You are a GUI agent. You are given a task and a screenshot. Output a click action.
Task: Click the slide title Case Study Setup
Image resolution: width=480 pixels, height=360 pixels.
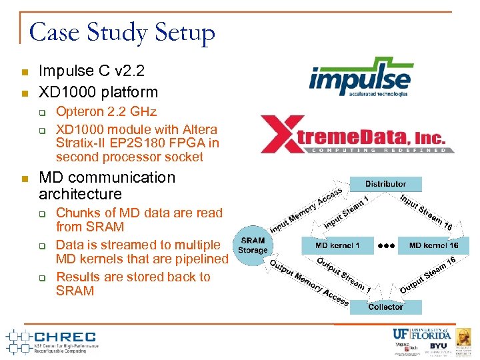(x=122, y=32)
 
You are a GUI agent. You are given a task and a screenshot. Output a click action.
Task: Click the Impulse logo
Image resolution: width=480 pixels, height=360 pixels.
(x=361, y=77)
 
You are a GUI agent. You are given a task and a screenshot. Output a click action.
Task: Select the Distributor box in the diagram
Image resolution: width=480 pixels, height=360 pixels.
(x=385, y=183)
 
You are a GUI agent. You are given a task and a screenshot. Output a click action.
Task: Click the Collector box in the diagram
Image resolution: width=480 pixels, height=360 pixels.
(x=385, y=307)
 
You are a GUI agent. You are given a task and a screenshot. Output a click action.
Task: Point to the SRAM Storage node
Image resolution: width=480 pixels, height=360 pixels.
(x=253, y=245)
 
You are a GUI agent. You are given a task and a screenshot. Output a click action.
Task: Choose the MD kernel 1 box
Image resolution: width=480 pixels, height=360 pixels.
(x=337, y=245)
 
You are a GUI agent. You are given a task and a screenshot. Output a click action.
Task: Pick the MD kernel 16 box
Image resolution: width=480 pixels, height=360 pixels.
(x=433, y=245)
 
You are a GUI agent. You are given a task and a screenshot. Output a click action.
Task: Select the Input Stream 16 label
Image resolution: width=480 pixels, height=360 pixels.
(x=427, y=212)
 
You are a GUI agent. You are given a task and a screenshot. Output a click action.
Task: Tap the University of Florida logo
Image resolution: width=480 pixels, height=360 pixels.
(x=421, y=333)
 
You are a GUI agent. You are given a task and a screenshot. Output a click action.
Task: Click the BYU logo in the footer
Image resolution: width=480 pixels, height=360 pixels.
(x=438, y=347)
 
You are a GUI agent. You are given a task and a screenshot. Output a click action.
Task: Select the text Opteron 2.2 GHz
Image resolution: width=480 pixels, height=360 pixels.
(x=106, y=111)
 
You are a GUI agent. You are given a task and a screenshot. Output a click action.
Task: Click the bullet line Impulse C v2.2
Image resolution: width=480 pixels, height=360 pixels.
(x=91, y=71)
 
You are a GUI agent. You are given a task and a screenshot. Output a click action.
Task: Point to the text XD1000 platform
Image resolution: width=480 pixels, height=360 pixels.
(x=98, y=92)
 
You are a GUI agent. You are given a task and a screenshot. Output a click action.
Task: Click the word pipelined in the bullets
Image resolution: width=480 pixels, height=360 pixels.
(x=198, y=259)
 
